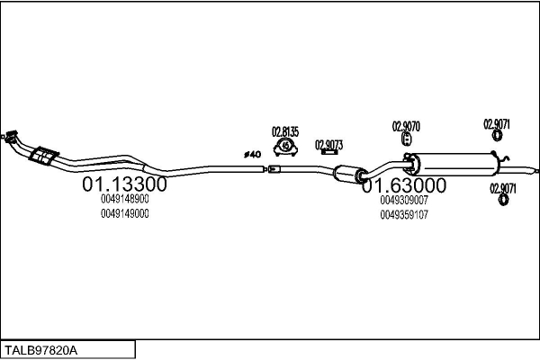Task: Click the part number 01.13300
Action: (124, 184)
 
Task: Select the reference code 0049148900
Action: (125, 200)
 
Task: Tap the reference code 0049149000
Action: (125, 213)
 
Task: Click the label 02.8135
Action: (285, 130)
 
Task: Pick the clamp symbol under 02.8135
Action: (285, 146)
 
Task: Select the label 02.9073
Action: (328, 143)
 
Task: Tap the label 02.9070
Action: (406, 125)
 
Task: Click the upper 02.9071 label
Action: (497, 123)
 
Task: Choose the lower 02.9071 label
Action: (502, 187)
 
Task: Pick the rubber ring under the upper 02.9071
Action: (496, 137)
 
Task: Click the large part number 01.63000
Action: (404, 185)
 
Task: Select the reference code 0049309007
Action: (404, 201)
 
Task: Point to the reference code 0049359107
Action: (404, 214)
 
